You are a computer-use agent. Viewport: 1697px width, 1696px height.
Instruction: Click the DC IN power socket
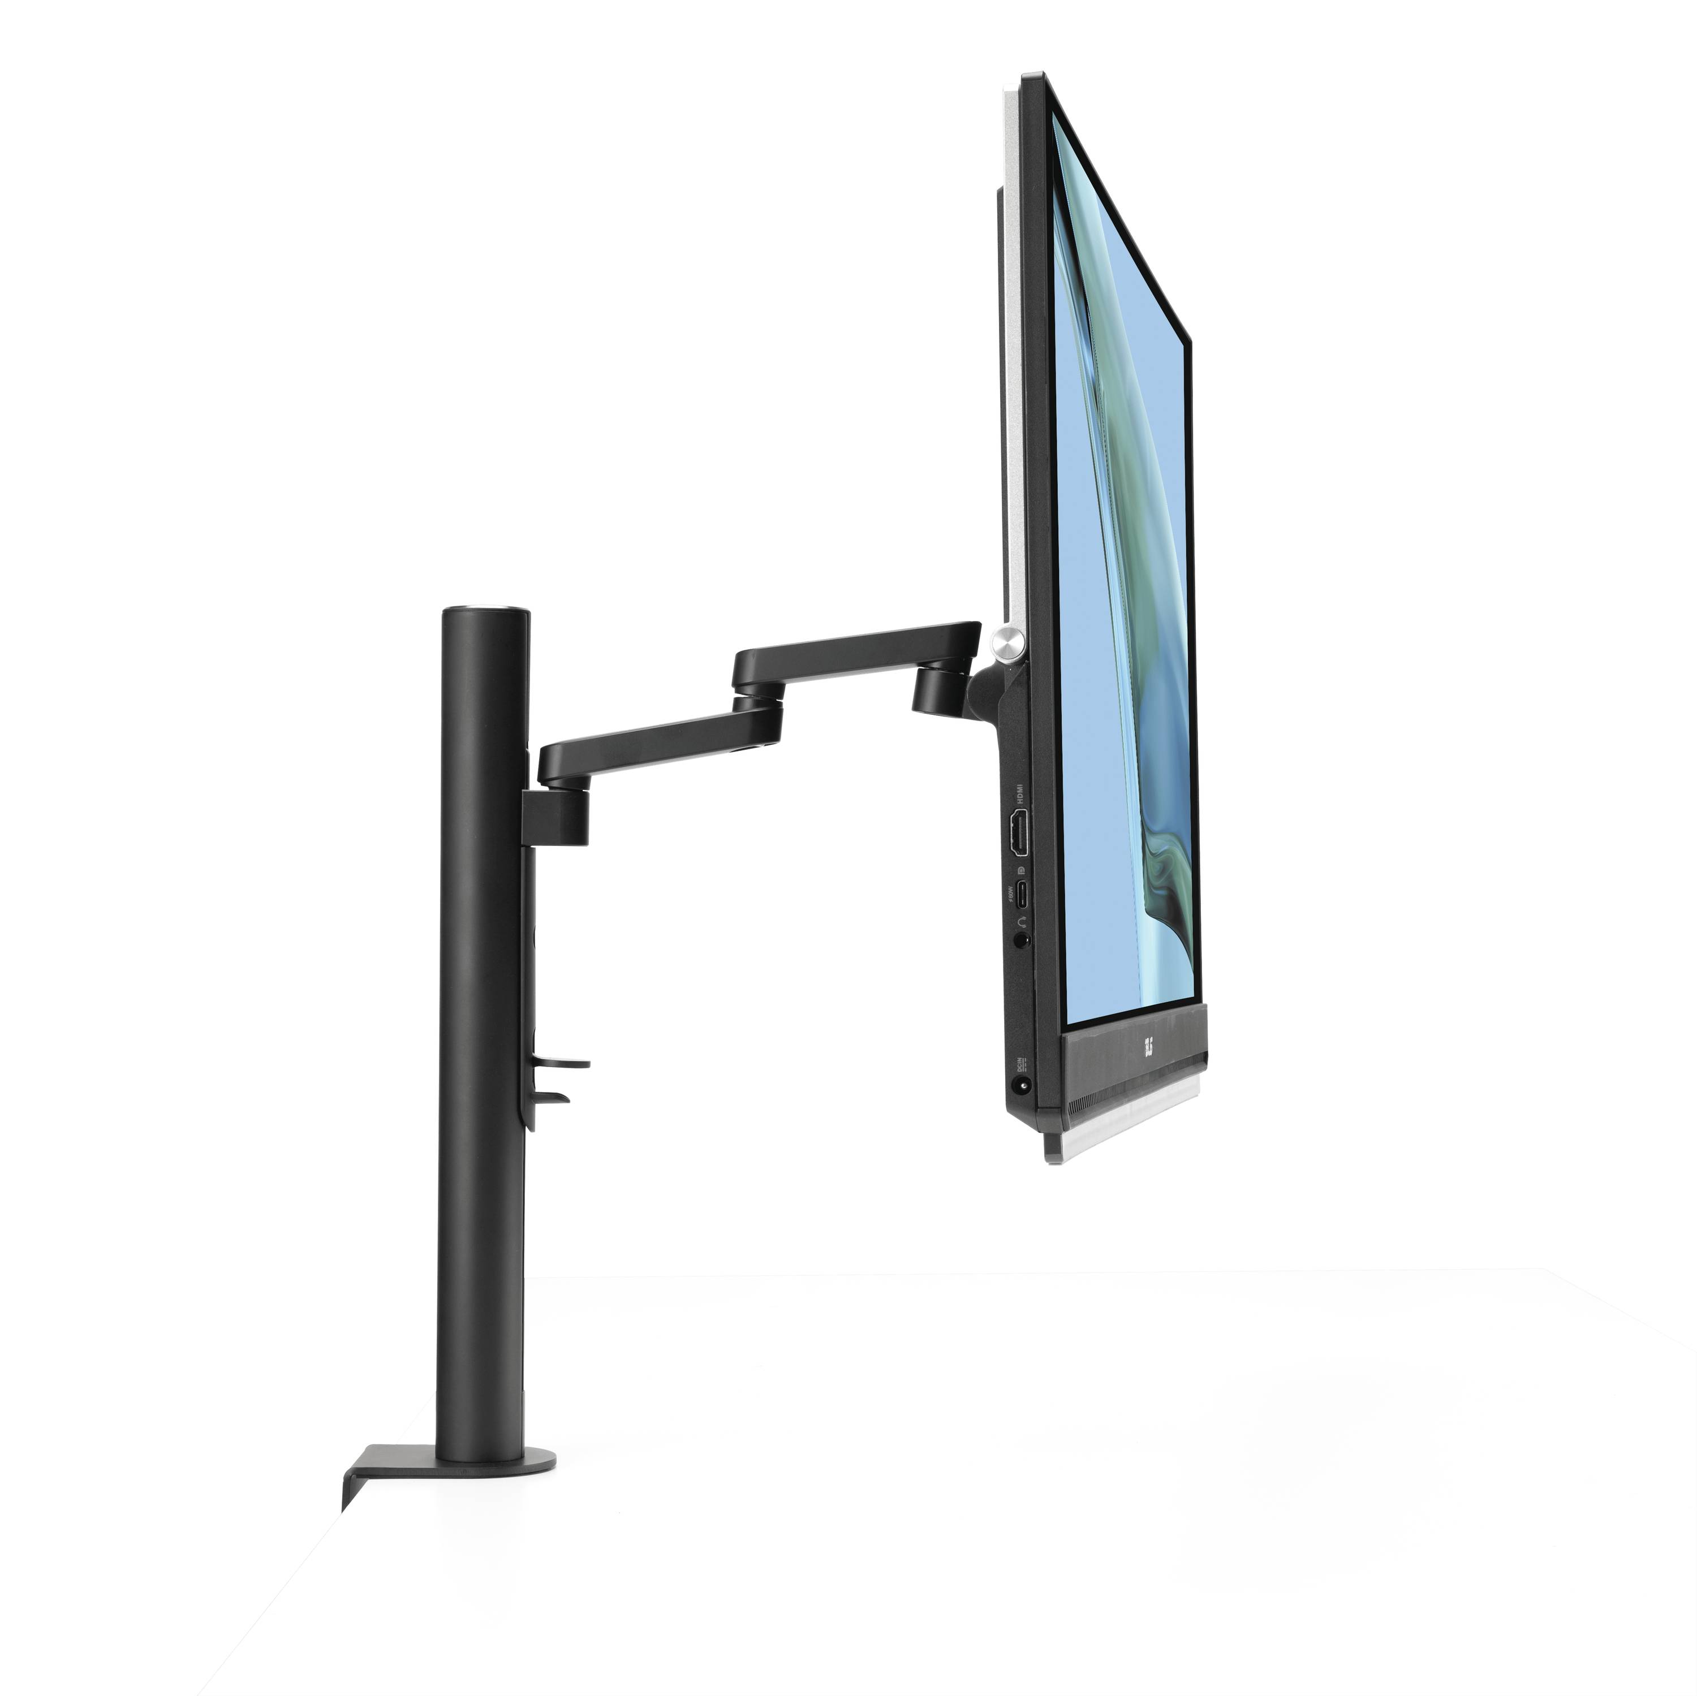point(1020,1086)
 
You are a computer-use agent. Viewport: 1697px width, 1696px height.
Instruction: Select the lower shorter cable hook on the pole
point(553,1096)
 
